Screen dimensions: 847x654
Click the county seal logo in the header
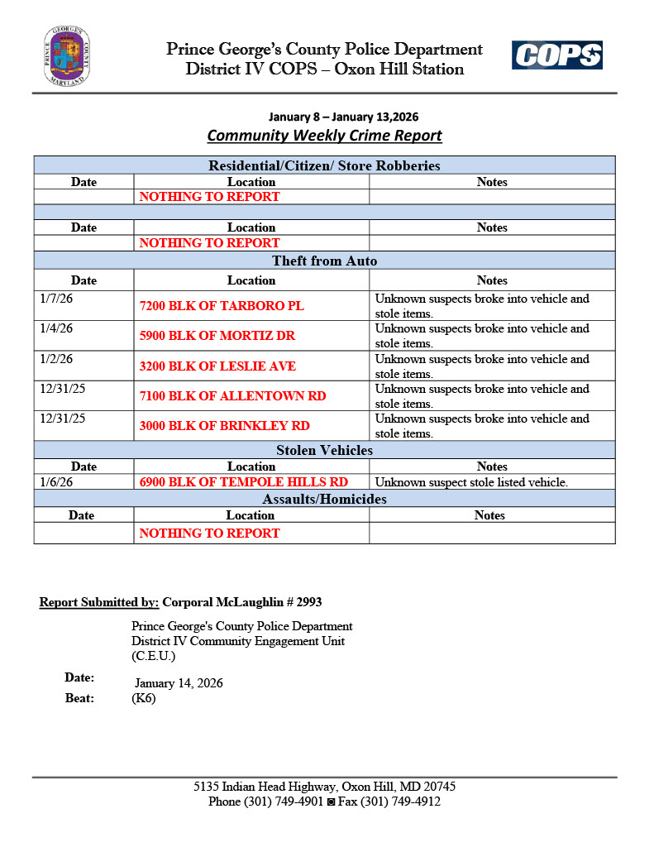point(67,56)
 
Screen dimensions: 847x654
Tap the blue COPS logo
point(556,56)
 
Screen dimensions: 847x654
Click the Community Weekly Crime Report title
point(324,136)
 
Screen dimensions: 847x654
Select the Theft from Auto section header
point(324,261)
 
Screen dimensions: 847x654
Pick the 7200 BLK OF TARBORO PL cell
point(222,306)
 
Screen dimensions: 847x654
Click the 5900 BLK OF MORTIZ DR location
point(217,336)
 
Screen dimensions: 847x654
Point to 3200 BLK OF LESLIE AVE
point(217,366)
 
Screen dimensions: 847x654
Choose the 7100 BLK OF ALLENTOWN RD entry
point(232,396)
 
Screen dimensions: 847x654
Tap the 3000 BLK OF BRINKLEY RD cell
point(224,426)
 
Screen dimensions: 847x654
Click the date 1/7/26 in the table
point(56,299)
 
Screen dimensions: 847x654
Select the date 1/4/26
point(56,328)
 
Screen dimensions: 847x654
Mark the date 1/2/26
point(56,359)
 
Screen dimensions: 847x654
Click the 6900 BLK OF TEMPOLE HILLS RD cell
point(243,482)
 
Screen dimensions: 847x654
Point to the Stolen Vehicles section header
point(324,451)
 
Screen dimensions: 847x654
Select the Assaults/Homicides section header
point(324,500)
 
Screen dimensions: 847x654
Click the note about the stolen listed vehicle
point(471,482)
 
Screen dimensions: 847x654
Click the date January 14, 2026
point(179,683)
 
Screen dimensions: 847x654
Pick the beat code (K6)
point(143,698)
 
